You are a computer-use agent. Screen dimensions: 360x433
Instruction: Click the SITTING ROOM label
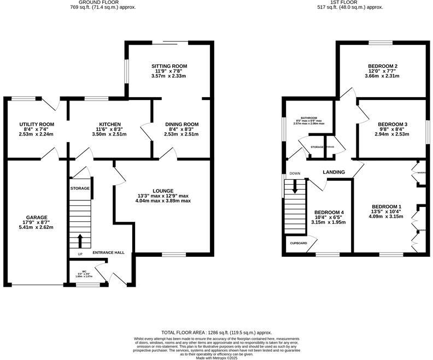[x=169, y=66]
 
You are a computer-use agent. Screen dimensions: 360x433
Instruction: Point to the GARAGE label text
[x=37, y=217]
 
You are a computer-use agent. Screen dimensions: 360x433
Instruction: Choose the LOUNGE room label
[x=163, y=190]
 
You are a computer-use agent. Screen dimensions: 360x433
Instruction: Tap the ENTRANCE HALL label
[x=109, y=252]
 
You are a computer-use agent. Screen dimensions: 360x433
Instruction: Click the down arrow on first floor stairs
[x=295, y=187]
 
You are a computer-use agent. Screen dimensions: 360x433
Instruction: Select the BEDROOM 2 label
[x=382, y=66]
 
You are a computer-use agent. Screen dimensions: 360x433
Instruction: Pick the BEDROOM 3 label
[x=391, y=125]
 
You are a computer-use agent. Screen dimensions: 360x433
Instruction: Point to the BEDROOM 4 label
[x=329, y=212]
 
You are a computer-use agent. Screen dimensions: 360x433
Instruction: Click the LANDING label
[x=334, y=172]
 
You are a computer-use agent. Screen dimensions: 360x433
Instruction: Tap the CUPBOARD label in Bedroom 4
[x=298, y=243]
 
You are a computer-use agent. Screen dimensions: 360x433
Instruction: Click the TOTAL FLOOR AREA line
[x=216, y=333]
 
